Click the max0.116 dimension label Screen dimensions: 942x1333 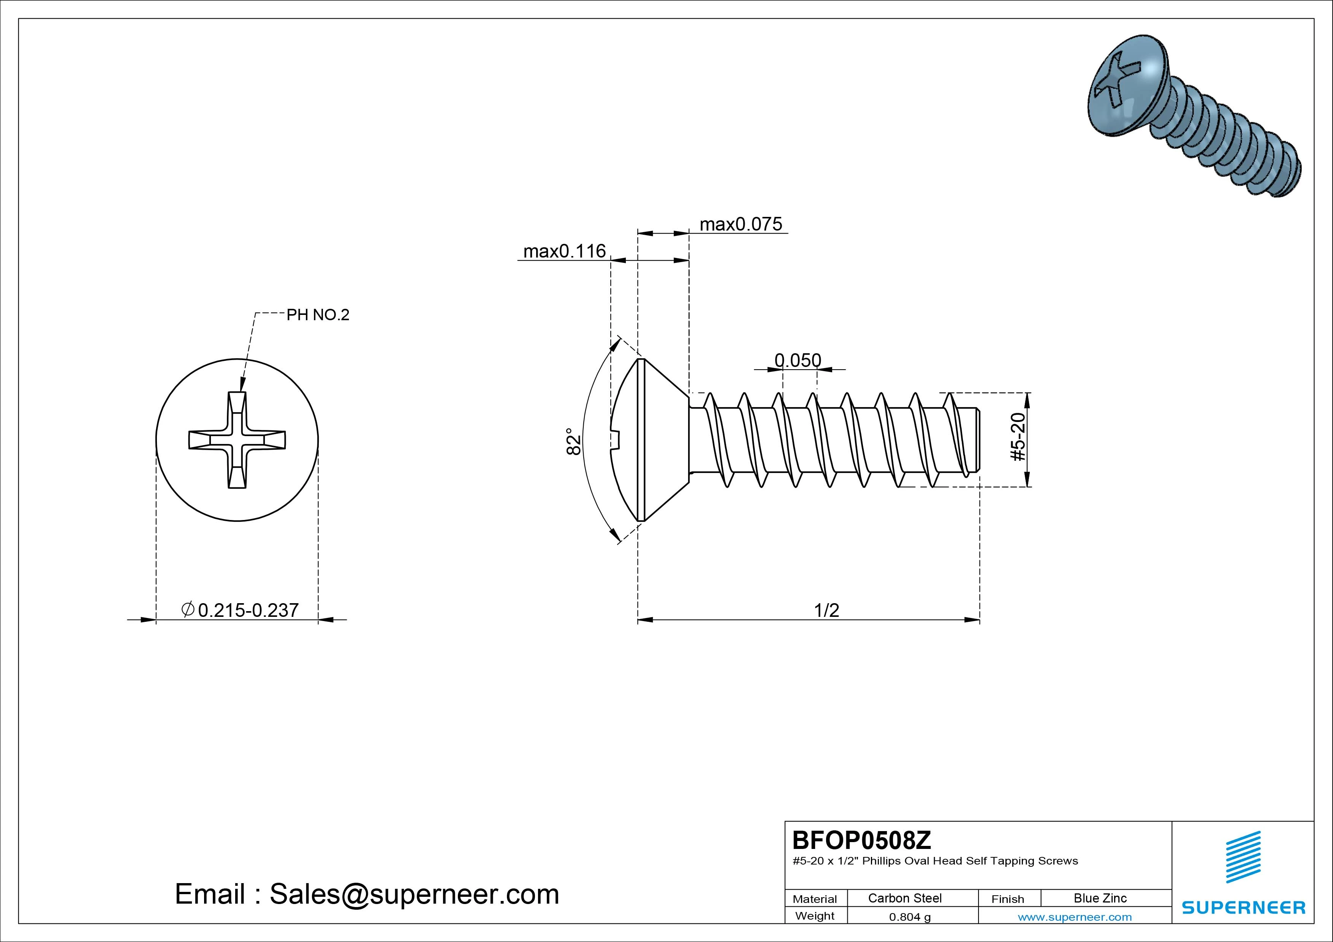pos(564,251)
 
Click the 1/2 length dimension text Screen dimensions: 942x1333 pos(826,610)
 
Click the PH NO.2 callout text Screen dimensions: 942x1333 pos(318,315)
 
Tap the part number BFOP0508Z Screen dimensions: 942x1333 pos(861,840)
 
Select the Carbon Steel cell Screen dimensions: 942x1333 pos(904,898)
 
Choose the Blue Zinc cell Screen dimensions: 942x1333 pos(1100,898)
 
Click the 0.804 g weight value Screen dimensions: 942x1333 pos(910,917)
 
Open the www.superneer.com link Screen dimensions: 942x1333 pos(1075,917)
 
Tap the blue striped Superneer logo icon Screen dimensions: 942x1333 pos(1243,857)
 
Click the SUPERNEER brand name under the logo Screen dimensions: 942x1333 pos(1243,907)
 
